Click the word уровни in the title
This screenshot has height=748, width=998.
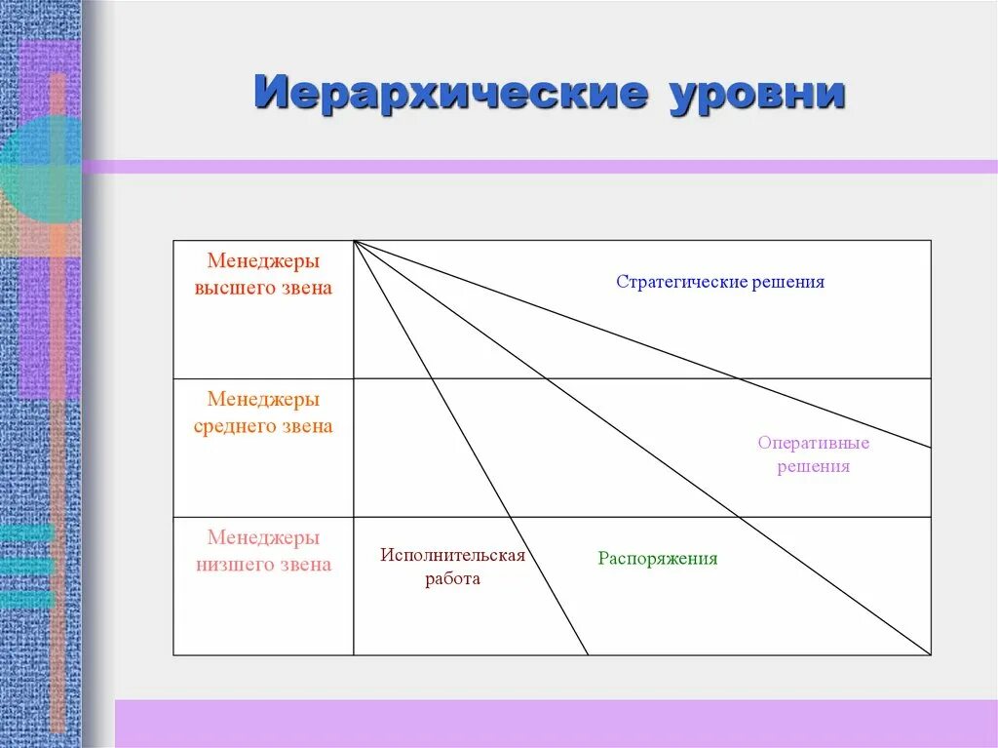point(756,95)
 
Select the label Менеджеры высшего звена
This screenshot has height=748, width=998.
point(263,275)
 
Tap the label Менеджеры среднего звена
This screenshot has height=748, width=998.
point(263,413)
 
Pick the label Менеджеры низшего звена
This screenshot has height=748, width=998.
point(263,551)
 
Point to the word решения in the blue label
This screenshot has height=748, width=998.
point(787,282)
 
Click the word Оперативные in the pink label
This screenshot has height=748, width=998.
point(814,443)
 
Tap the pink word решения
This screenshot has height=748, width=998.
point(814,466)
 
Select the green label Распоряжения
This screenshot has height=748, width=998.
point(658,559)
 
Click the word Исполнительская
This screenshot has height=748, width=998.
point(453,555)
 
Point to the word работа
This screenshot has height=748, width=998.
point(453,578)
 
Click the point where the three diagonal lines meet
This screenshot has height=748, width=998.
point(355,241)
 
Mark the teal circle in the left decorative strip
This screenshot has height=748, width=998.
point(39,171)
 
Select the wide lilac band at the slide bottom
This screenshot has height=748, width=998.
point(556,723)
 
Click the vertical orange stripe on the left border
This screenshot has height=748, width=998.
point(58,390)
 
